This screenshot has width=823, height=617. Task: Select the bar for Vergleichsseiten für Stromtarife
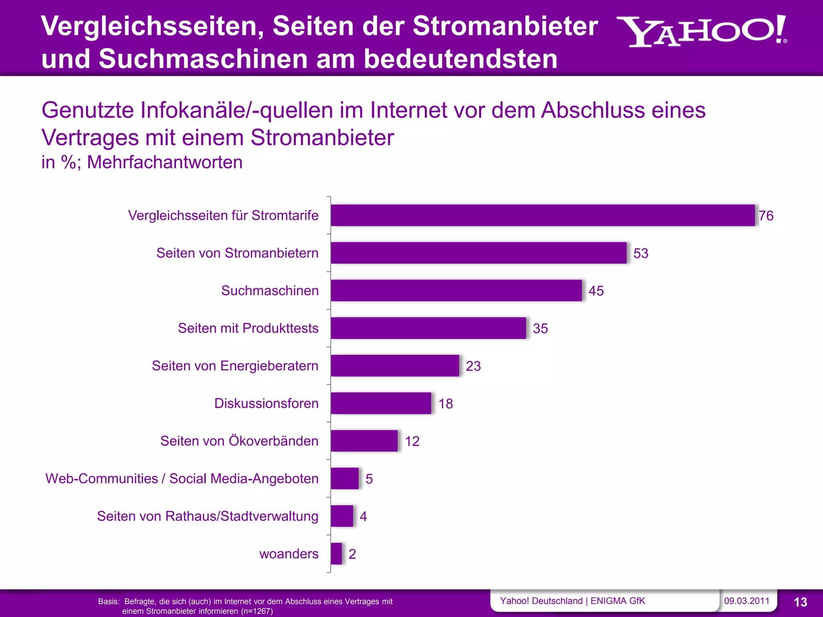point(543,215)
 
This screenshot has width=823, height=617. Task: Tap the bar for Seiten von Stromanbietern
point(478,253)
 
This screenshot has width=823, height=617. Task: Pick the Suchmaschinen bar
point(456,290)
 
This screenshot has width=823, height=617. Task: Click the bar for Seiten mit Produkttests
point(428,328)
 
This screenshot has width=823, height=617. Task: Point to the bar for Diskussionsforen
point(381,403)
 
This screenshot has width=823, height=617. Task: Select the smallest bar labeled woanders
point(336,554)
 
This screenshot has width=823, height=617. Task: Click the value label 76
point(766,216)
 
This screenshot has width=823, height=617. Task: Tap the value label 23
point(473,366)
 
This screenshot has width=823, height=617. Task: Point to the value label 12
point(412,441)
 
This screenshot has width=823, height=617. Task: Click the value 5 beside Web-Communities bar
point(369,479)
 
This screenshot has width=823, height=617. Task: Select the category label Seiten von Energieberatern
point(235,366)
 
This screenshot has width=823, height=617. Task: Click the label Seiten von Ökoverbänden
point(239,441)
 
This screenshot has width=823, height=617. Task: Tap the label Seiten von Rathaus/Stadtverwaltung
point(207,516)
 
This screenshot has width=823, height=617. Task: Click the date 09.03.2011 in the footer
point(746,601)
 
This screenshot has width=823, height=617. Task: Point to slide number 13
point(800,602)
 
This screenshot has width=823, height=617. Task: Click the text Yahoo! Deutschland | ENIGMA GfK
point(572,601)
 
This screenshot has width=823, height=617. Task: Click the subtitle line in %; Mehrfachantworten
point(142,162)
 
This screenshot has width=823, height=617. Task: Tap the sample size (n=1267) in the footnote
point(257,611)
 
